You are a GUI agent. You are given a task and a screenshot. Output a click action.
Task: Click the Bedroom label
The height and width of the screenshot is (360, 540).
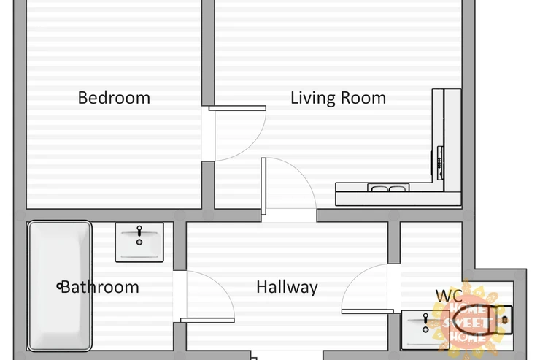point(114,98)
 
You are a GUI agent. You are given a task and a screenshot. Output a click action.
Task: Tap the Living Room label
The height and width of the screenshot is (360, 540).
point(338,98)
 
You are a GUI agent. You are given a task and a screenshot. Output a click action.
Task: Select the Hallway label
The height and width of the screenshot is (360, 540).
point(287,287)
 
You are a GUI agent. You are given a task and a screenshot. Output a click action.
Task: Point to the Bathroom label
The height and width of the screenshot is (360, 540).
point(99,287)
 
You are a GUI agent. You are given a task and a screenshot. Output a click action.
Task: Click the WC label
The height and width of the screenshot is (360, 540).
point(449,296)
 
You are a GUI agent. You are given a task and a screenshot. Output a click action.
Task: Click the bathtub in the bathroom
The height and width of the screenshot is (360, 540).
point(60,286)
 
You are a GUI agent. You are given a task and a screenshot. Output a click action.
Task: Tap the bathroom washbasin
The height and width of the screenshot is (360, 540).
point(139,242)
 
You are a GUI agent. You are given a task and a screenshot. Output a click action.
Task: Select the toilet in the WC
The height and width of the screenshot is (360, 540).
point(482,320)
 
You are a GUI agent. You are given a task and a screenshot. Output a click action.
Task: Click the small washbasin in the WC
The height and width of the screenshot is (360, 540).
point(425,329)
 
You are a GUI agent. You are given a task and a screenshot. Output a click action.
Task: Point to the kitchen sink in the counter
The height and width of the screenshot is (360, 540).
point(388,188)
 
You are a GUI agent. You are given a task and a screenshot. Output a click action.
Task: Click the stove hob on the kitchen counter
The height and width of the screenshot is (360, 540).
point(440,163)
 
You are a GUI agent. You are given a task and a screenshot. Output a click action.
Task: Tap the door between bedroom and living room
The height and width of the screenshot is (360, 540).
point(237,108)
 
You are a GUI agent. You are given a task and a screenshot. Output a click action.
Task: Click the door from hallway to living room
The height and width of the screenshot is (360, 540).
point(263,186)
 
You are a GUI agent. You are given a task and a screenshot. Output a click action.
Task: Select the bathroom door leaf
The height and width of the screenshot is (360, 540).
point(207,321)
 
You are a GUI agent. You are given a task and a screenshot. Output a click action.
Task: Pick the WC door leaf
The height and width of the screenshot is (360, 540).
point(368,311)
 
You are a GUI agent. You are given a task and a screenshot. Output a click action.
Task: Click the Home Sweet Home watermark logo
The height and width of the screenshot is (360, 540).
point(470,318)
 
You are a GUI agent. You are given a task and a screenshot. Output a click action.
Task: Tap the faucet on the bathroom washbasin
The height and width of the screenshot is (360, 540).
point(139,231)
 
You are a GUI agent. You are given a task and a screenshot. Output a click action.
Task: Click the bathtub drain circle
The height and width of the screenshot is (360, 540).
point(60,286)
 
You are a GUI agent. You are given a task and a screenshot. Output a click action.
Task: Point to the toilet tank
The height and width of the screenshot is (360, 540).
point(505,320)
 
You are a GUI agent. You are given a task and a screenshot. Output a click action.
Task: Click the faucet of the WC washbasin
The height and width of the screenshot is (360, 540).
point(425,318)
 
